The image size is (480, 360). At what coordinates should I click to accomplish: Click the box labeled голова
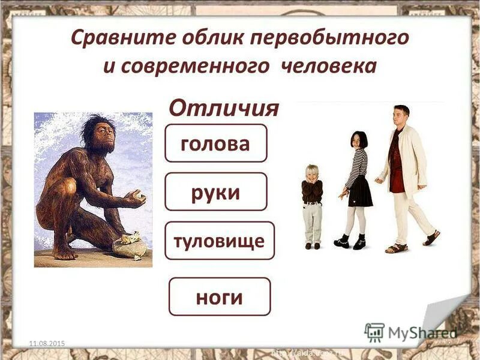point(215,143)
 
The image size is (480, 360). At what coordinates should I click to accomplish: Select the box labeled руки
point(215,192)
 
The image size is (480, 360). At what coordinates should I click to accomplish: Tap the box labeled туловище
point(219,241)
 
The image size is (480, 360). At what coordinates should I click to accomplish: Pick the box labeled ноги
point(219,296)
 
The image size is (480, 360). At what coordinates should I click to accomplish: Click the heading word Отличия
point(224,108)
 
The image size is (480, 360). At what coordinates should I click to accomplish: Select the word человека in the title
point(328,65)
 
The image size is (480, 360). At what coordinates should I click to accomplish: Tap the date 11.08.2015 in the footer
point(47,343)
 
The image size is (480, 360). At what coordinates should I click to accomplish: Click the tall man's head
point(401,115)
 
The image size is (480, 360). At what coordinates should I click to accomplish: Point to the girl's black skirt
point(360,192)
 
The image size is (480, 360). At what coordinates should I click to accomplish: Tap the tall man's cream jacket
point(412,159)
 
